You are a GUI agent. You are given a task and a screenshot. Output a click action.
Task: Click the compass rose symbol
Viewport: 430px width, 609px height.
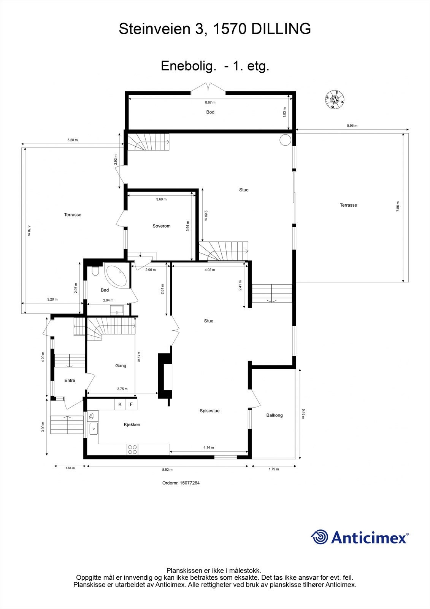tap(335, 100)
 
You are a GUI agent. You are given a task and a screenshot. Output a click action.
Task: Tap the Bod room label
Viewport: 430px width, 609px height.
tap(210, 112)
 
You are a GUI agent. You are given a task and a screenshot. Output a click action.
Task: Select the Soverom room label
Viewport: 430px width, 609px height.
tap(161, 226)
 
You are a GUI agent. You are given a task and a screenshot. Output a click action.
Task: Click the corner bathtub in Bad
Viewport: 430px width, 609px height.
tap(116, 276)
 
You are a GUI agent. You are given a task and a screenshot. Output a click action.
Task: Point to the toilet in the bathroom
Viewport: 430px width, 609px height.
tap(95, 271)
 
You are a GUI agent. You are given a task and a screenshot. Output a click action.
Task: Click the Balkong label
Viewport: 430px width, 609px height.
tap(275, 415)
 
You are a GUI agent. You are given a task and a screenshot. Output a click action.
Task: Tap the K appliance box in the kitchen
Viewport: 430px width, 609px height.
tap(120, 404)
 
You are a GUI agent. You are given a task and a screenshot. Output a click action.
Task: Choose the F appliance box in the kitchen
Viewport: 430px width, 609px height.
tap(131, 404)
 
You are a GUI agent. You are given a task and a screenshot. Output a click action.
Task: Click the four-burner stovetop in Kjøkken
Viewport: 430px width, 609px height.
tap(132, 450)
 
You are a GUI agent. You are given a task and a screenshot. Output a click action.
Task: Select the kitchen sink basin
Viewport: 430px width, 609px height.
tap(94, 429)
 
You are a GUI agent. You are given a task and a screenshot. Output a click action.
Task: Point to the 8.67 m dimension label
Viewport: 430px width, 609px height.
tap(210, 102)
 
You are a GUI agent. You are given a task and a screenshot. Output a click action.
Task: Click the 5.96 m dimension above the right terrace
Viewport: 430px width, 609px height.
tap(352, 126)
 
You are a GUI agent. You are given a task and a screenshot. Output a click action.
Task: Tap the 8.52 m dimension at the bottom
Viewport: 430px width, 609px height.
tap(167, 470)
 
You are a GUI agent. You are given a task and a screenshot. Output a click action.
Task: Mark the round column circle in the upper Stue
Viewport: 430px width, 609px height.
tap(285, 140)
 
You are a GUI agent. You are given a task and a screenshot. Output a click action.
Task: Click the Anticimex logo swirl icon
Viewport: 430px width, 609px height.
tap(319, 537)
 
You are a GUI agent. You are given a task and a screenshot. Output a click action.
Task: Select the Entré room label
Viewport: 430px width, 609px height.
tap(70, 380)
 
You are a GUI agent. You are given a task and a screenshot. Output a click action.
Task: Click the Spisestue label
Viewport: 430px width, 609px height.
tap(209, 411)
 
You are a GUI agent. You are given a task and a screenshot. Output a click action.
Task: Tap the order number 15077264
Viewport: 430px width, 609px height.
tap(190, 483)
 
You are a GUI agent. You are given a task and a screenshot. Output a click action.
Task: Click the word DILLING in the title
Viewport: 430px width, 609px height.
tap(281, 29)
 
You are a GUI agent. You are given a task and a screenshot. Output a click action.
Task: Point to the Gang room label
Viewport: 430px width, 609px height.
tap(121, 366)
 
